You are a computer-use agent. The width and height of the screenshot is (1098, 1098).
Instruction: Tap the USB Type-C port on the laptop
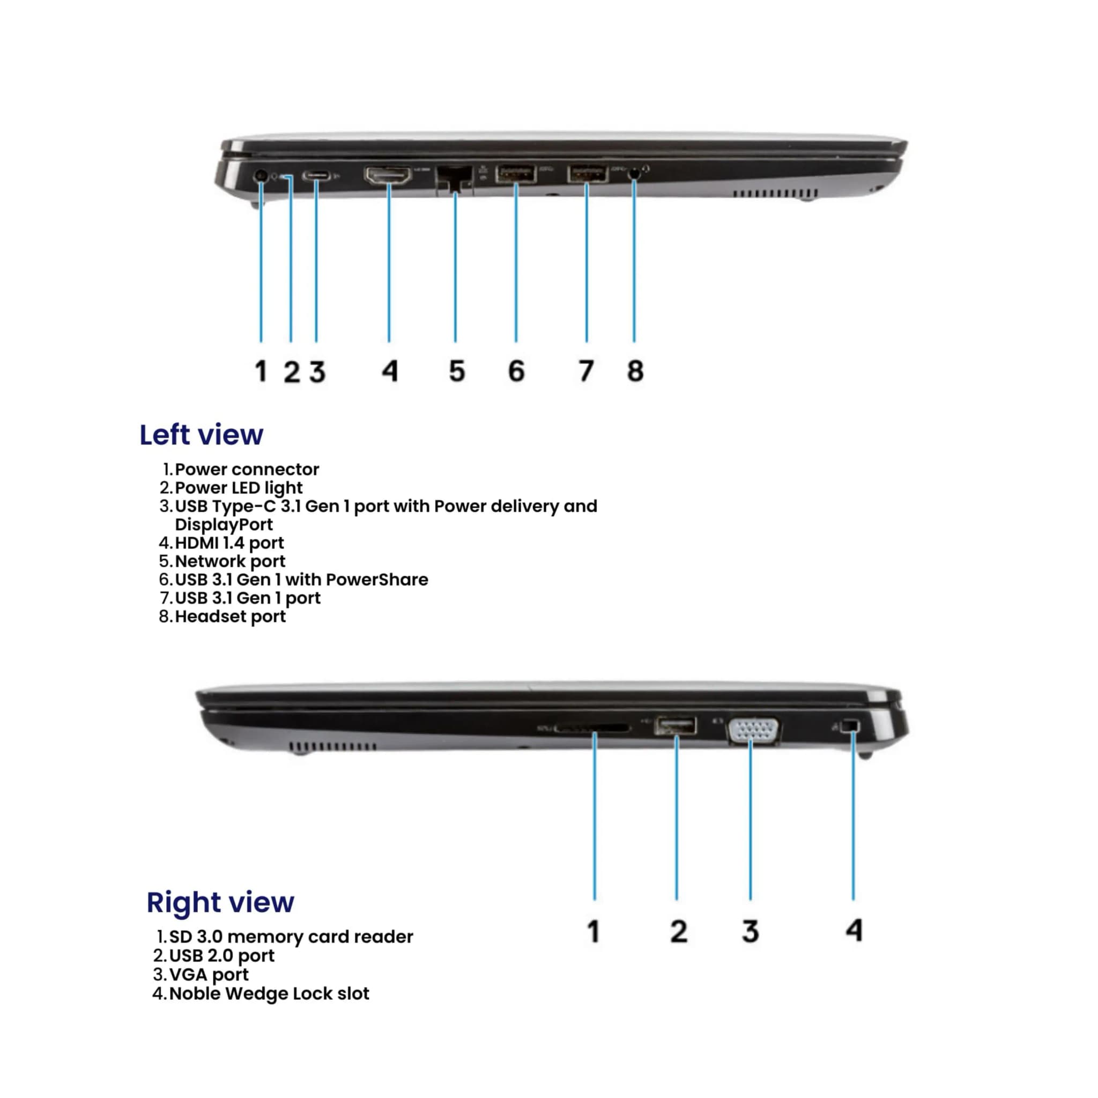316,176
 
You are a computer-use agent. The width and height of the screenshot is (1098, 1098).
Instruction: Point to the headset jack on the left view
634,174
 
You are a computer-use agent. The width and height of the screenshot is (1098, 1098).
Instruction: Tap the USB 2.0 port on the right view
676,726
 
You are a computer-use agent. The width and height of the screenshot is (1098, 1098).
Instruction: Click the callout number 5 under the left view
457,371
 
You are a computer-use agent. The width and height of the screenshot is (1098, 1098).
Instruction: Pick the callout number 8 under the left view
635,371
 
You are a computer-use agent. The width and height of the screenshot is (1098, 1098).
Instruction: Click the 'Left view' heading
201,435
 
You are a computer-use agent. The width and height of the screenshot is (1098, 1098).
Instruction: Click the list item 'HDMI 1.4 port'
229,543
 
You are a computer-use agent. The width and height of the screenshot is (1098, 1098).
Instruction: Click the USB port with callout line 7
587,173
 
